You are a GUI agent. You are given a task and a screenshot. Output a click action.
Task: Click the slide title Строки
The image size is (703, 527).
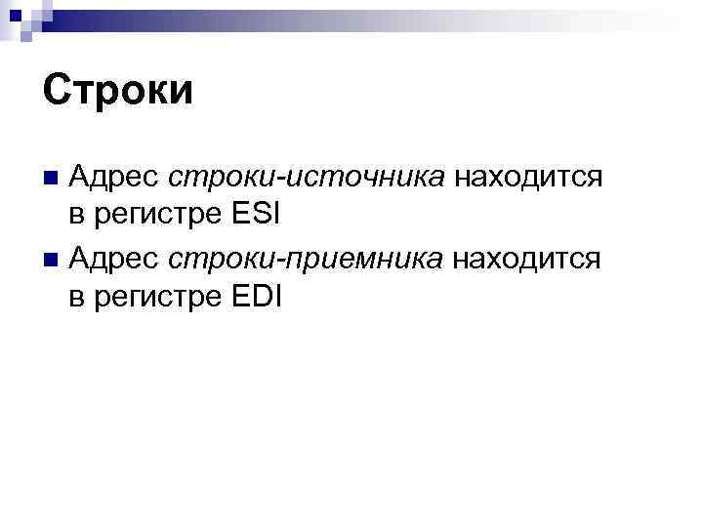point(118,91)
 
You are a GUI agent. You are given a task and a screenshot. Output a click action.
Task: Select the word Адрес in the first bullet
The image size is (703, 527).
point(115,178)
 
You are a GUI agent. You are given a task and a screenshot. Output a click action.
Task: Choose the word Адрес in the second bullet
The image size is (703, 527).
point(115,259)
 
